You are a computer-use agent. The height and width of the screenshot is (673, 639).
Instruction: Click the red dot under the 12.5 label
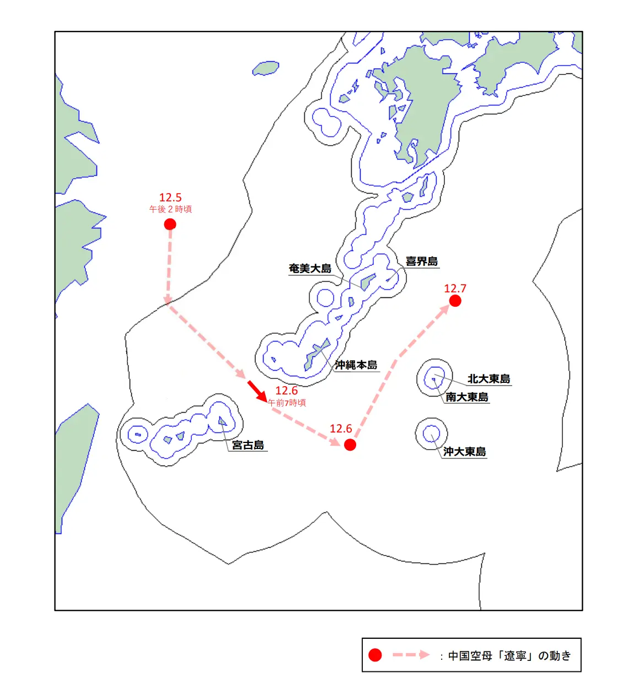tap(170, 224)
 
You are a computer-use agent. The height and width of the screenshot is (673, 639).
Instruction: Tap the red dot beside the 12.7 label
tap(455, 301)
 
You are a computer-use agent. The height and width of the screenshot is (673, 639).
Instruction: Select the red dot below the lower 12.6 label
tap(350, 445)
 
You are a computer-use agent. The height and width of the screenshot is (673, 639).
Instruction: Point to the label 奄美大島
tap(310, 269)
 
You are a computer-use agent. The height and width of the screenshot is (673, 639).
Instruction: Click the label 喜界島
tap(422, 261)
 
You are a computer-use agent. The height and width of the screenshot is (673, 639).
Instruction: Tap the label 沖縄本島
tap(356, 365)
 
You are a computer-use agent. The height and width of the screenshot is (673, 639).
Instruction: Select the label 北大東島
tap(489, 379)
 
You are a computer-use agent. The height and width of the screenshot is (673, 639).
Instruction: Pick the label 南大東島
tap(467, 397)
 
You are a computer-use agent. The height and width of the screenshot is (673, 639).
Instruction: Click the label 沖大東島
tap(465, 452)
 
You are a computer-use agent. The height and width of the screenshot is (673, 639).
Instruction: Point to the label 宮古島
tap(248, 445)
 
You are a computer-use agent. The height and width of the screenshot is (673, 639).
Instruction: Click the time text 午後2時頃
tap(170, 210)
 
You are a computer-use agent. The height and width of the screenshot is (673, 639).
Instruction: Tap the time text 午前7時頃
tap(287, 403)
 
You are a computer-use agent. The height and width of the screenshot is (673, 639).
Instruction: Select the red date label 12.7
tap(455, 289)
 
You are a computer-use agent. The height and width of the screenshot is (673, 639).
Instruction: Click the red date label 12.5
tap(170, 197)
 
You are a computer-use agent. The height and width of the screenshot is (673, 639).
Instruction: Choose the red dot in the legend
tap(375, 655)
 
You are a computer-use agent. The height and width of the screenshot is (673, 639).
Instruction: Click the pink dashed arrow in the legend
tap(411, 655)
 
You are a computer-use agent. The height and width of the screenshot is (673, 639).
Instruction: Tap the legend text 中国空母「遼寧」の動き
tap(509, 655)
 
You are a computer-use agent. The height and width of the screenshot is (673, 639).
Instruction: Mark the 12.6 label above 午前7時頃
tap(286, 391)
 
